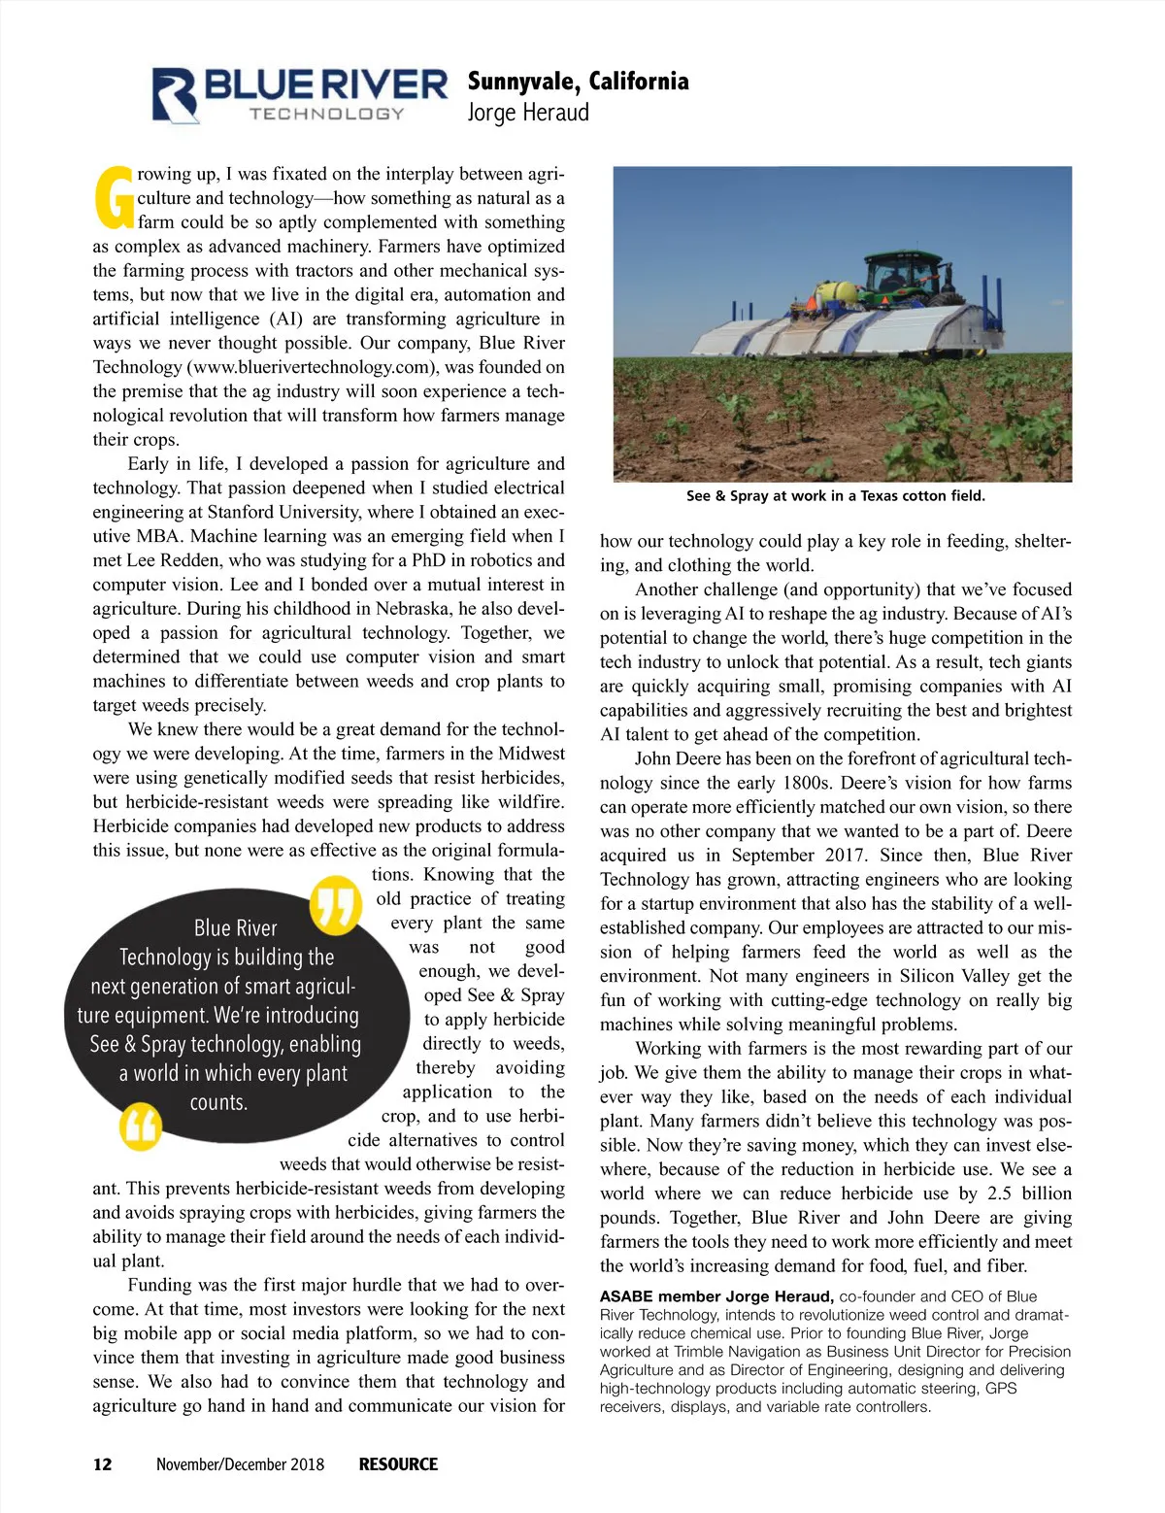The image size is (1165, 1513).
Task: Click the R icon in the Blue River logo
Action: (x=176, y=95)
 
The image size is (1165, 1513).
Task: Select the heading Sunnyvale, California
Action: (x=578, y=81)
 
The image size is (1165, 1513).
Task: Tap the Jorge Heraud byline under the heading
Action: (x=528, y=113)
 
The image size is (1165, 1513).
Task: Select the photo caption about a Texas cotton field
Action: (x=835, y=496)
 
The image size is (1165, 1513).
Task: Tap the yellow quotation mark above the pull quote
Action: (x=335, y=904)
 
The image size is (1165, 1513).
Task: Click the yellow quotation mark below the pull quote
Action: (x=140, y=1126)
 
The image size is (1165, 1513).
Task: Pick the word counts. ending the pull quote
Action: (x=218, y=1102)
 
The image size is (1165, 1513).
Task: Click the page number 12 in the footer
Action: (x=102, y=1464)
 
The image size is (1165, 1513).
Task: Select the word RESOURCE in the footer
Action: (x=398, y=1464)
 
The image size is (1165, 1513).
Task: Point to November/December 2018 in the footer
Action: (x=240, y=1464)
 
